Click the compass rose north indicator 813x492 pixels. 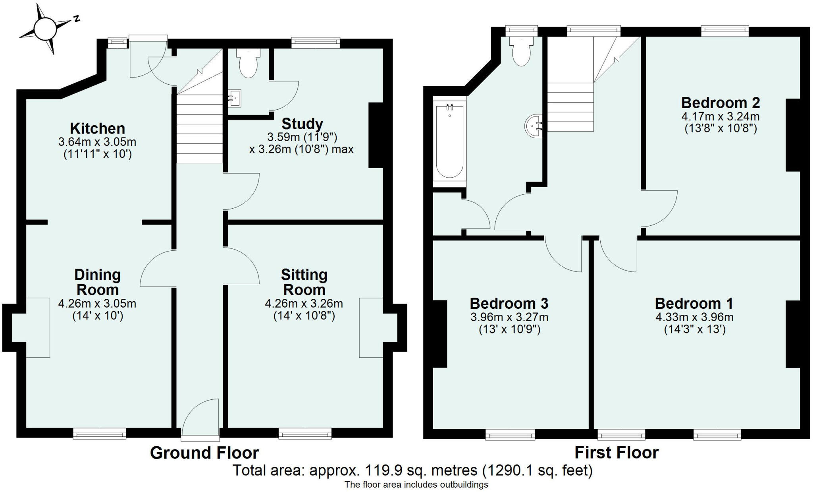tap(76, 18)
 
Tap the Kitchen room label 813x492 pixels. tap(97, 128)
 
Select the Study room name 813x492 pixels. tap(302, 124)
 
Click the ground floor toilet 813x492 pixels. tap(248, 64)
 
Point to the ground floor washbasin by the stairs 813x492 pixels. tap(235, 98)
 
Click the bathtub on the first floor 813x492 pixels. tap(450, 141)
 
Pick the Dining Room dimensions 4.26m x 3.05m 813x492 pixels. tap(97, 304)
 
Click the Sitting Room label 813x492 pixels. tap(304, 282)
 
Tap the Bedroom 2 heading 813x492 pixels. tap(721, 103)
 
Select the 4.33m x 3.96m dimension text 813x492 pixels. tap(694, 317)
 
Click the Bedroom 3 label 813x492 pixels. tap(509, 303)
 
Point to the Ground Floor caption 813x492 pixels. tap(204, 453)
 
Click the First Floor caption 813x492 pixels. tap(616, 452)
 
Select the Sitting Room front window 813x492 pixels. tap(305, 434)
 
